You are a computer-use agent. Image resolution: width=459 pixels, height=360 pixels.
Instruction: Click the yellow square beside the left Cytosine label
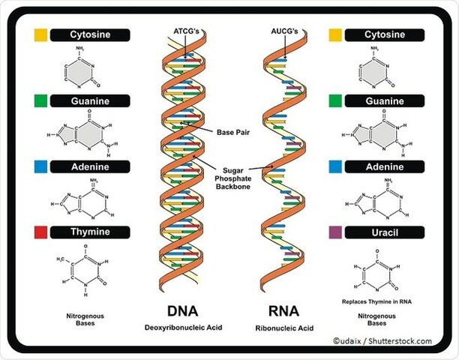[x=40, y=34]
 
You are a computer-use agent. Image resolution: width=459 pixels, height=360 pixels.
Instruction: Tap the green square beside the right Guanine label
[x=335, y=100]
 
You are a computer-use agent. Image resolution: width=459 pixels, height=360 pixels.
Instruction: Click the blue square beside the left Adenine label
[x=40, y=166]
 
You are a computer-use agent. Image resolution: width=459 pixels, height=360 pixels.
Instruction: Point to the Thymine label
[x=90, y=231]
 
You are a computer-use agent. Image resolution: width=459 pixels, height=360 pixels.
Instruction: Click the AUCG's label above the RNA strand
[x=285, y=32]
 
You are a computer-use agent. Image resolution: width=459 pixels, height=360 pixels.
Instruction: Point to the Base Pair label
[x=234, y=132]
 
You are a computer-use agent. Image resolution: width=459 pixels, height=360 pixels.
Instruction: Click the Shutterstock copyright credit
[x=382, y=341]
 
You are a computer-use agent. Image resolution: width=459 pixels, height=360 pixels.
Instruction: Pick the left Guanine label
[x=90, y=100]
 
